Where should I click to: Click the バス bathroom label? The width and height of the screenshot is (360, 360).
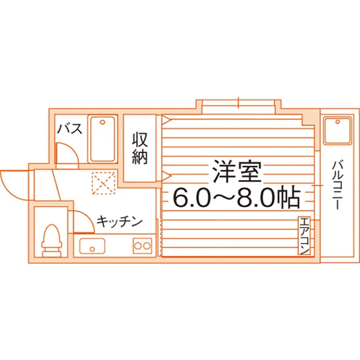point(69,129)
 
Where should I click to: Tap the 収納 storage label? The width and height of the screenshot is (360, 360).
point(139,148)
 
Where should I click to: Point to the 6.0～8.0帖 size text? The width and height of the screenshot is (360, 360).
point(237,198)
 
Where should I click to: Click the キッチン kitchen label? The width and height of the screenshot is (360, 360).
point(120,221)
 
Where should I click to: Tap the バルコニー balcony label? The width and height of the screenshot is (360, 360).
point(337,185)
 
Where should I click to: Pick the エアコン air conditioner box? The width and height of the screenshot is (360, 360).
point(304,235)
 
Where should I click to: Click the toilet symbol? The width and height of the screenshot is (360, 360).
point(52,240)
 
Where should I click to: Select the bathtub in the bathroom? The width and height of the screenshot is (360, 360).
point(102,139)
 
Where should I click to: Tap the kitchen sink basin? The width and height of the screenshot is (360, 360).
point(92,246)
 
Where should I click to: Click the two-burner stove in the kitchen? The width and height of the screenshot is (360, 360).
point(143,246)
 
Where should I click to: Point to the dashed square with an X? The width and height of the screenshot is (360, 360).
point(104,183)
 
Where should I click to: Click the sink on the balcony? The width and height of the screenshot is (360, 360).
point(337,130)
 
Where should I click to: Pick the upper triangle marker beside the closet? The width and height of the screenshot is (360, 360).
point(167,120)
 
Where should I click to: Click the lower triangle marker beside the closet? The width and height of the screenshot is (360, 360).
point(167,176)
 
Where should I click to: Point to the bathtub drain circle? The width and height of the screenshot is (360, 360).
point(102,122)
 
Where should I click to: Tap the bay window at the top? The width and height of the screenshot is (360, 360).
point(239,106)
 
